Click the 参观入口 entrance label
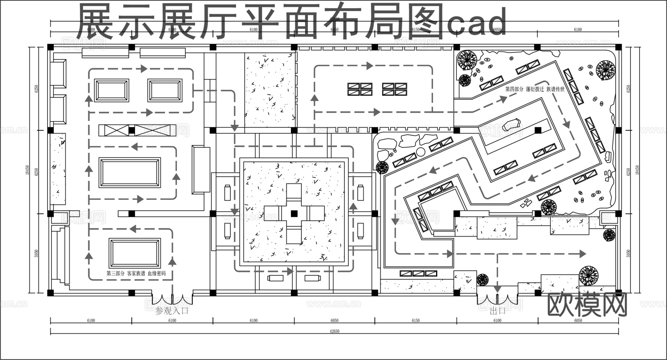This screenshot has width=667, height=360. click(x=172, y=310)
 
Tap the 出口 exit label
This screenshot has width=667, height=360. click(x=497, y=311)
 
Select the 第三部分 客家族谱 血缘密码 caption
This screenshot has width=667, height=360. click(x=136, y=273)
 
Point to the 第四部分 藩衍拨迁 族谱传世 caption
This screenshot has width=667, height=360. click(x=535, y=89)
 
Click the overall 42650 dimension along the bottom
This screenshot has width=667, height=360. click(x=334, y=331)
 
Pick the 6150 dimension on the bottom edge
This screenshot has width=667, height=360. click(x=416, y=321)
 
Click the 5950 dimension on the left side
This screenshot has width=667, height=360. click(x=36, y=253)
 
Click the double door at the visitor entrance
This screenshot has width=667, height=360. click(x=172, y=299)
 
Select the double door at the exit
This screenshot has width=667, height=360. click(x=497, y=298)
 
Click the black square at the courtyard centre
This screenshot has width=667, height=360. click(x=294, y=213)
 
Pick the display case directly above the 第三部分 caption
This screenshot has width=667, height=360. click(x=135, y=253)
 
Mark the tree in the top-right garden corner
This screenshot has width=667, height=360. click(x=605, y=69)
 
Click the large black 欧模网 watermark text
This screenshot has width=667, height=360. click(x=587, y=305)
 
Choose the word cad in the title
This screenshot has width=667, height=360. click(x=477, y=22)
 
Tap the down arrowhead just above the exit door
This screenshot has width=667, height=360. click(x=497, y=288)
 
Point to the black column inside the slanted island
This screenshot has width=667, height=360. click(x=538, y=130)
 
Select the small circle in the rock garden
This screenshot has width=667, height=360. click(x=421, y=151)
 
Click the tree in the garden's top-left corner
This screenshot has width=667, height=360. click(x=467, y=60)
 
